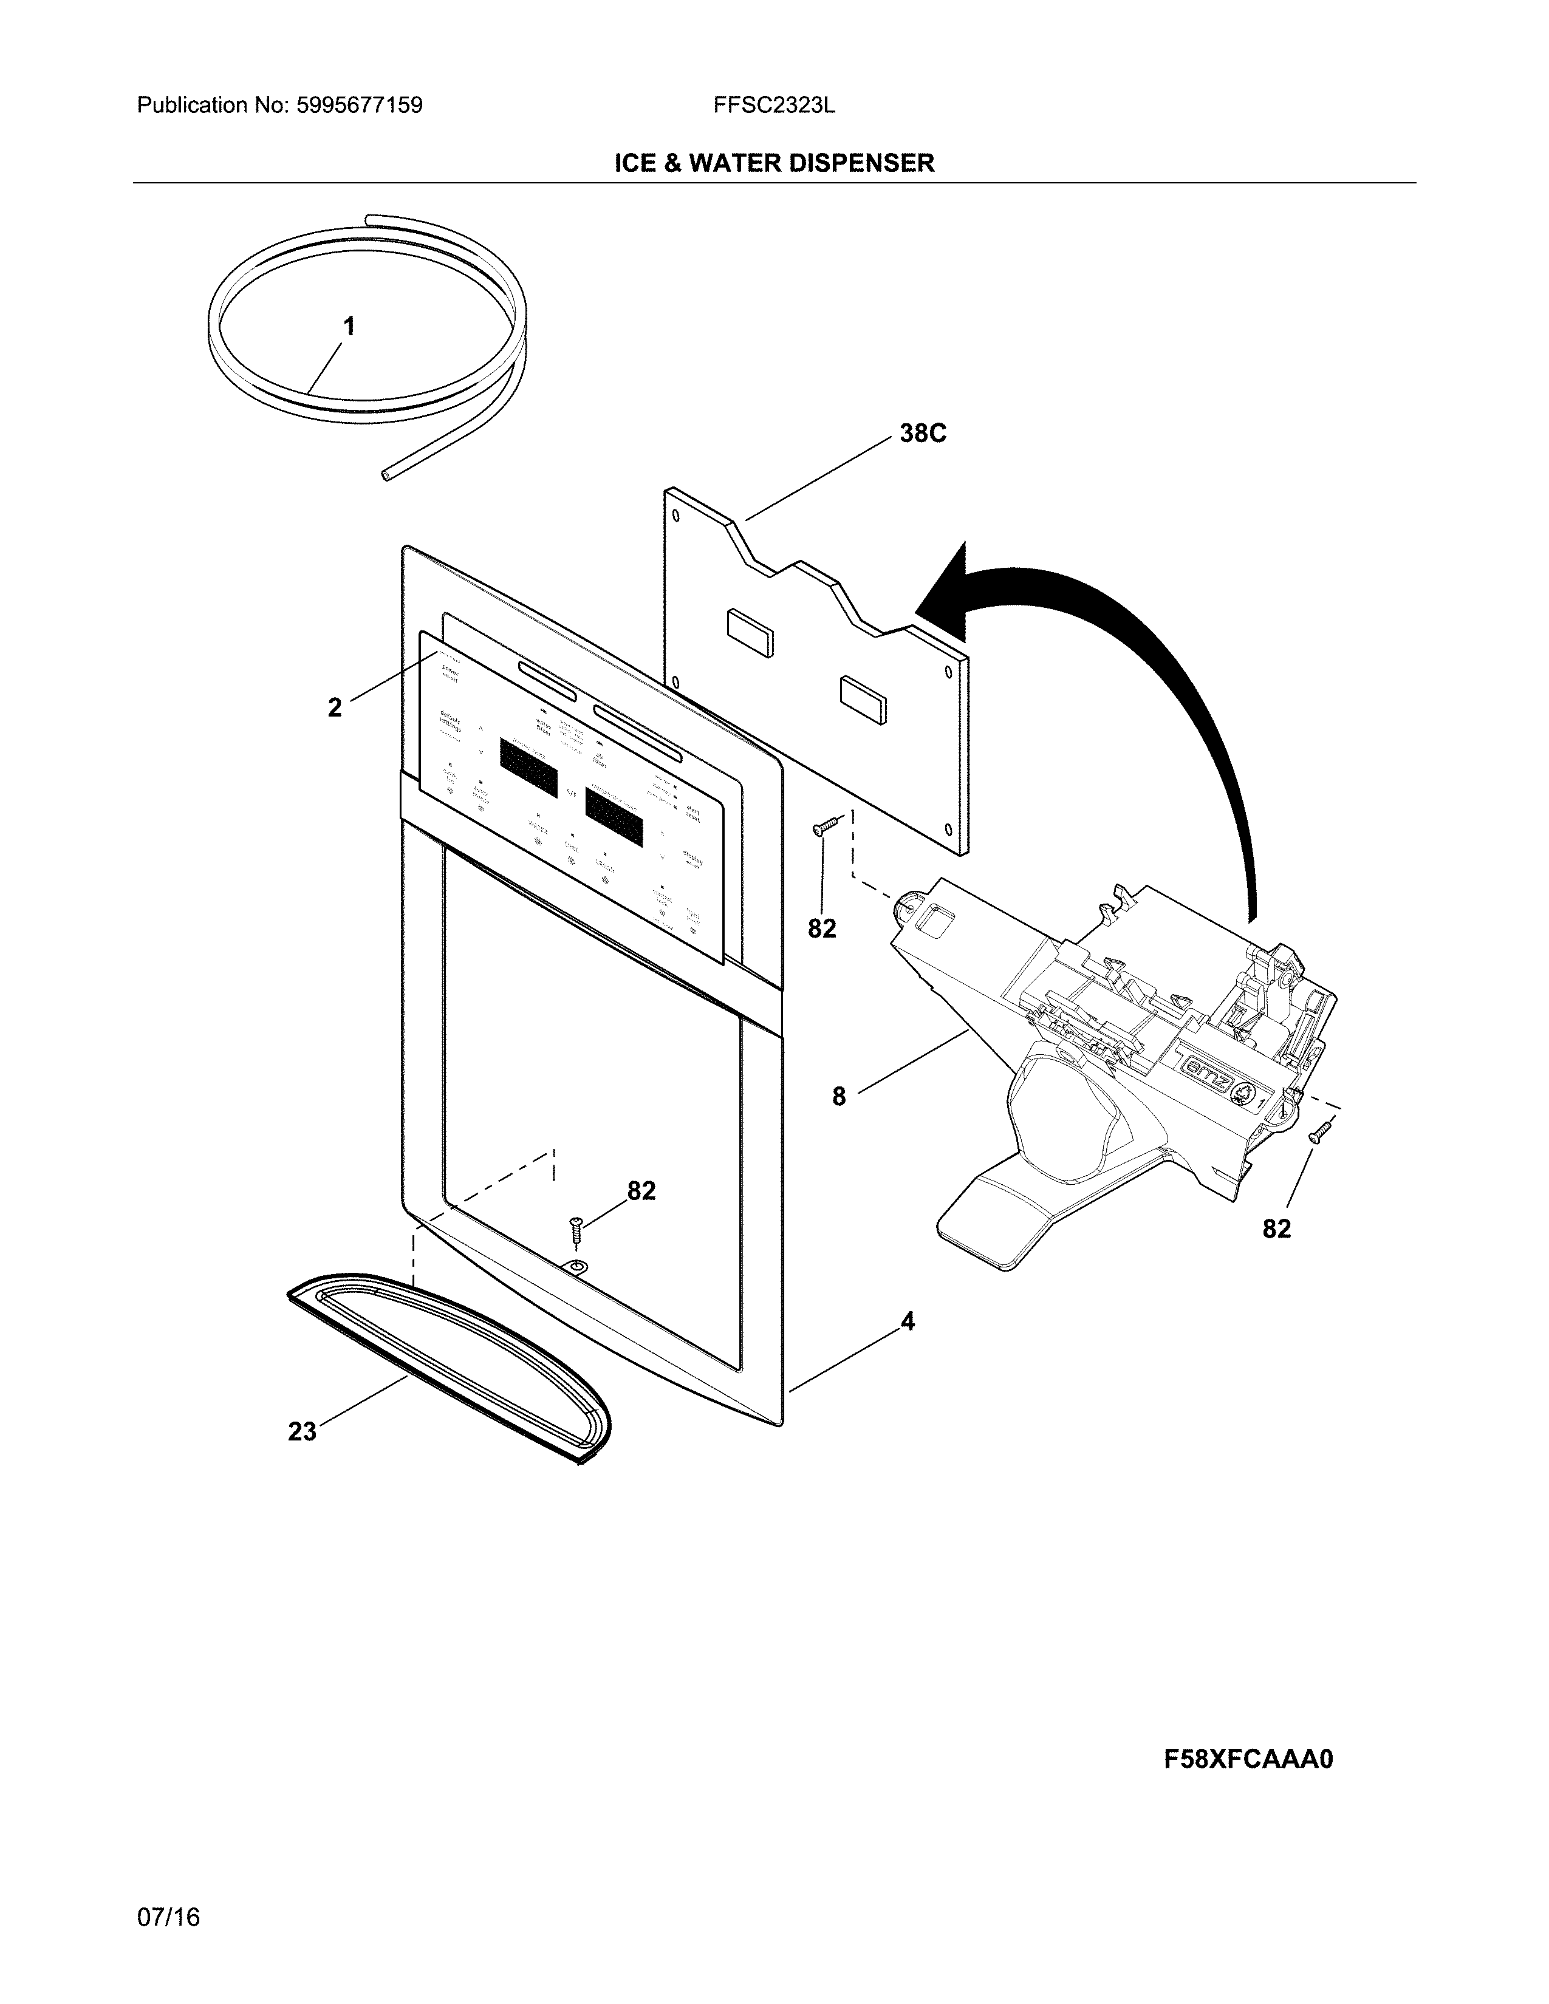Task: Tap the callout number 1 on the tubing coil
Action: [349, 325]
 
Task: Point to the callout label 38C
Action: [922, 433]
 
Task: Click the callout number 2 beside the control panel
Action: [335, 706]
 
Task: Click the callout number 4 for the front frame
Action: [907, 1321]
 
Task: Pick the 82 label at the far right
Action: [1276, 1229]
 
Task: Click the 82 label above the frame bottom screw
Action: [641, 1191]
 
